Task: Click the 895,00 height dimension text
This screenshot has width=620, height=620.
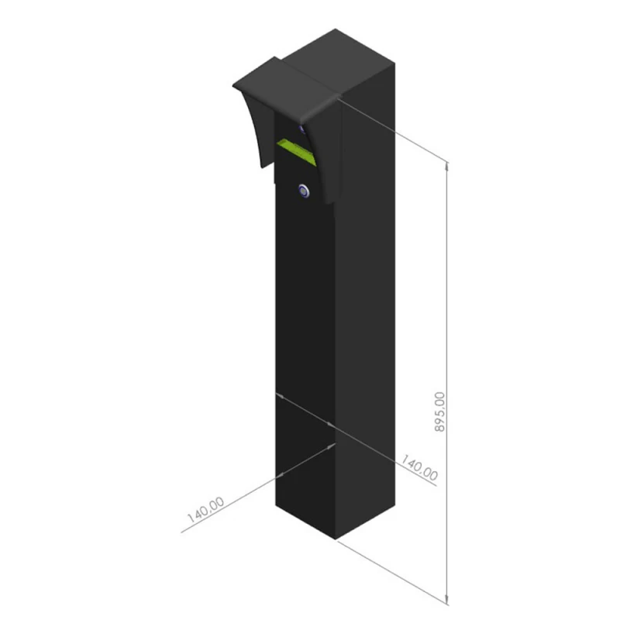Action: pyautogui.click(x=439, y=412)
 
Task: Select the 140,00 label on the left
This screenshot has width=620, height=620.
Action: pyautogui.click(x=205, y=509)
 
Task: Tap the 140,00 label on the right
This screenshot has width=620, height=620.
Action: pyautogui.click(x=419, y=467)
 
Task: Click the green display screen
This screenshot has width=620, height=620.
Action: pyautogui.click(x=297, y=152)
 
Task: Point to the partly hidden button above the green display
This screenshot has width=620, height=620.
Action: pyautogui.click(x=302, y=129)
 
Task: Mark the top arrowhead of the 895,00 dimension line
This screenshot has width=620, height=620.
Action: pyautogui.click(x=447, y=166)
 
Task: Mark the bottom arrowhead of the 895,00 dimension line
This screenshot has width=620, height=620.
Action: pyautogui.click(x=447, y=600)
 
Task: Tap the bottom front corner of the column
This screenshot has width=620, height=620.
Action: pyautogui.click(x=336, y=539)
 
